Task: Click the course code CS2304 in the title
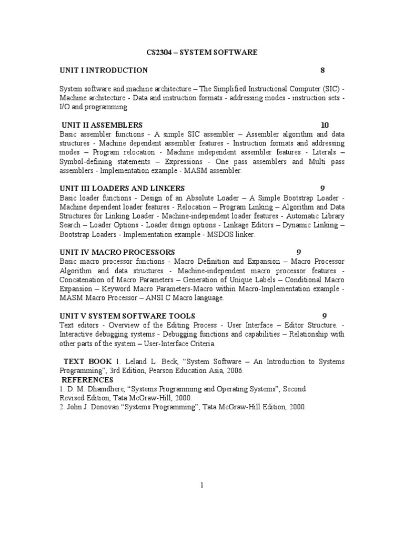tap(159, 53)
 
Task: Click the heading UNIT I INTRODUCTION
tap(104, 70)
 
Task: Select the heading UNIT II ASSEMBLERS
tap(102, 125)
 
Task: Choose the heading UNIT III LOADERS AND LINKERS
tap(122, 188)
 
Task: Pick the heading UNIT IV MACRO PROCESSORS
tap(117, 252)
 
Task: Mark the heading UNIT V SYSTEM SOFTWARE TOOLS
tap(127, 316)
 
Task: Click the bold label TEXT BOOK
tap(87, 361)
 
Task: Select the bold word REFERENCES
tap(87, 380)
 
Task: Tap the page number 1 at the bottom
tap(201, 485)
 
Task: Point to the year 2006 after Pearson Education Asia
tap(234, 371)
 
